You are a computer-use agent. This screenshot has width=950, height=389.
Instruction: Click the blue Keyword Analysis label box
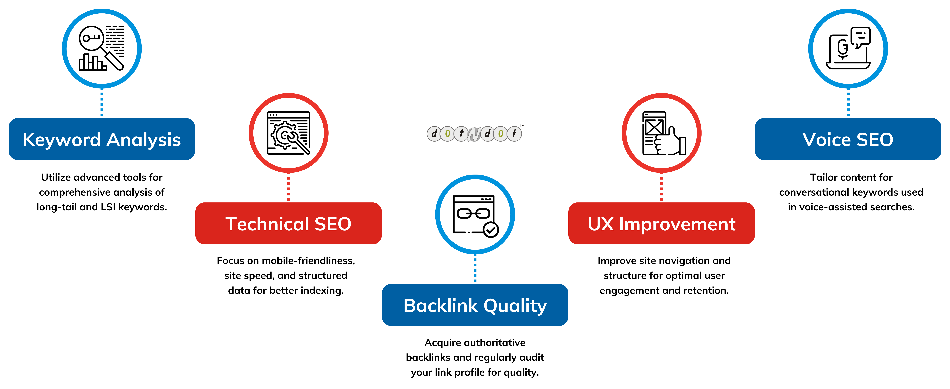102,139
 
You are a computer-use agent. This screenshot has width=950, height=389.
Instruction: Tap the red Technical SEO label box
288,223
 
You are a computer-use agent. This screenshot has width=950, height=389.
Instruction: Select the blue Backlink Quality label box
475,305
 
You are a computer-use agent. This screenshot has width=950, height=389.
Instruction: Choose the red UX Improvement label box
662,223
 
